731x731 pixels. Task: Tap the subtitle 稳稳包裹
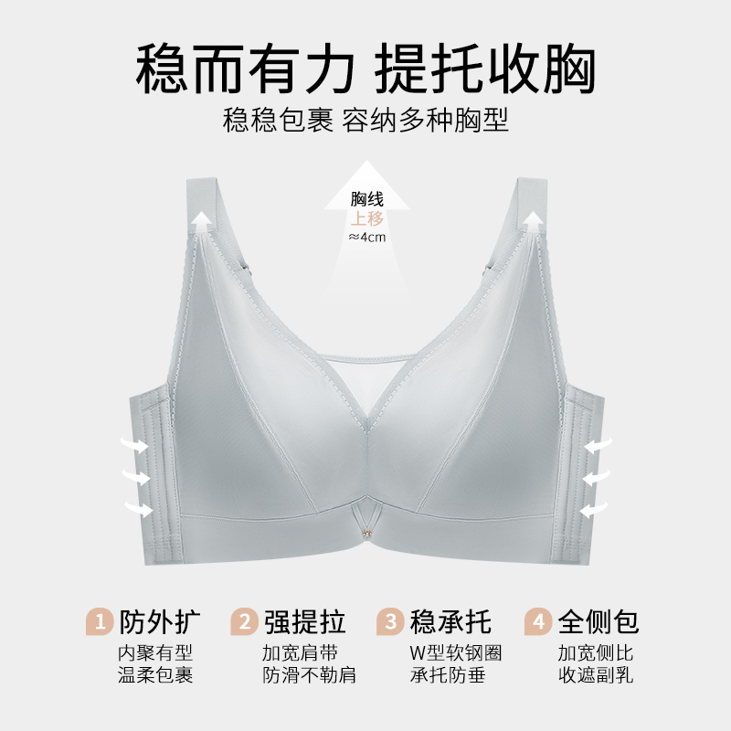(278, 121)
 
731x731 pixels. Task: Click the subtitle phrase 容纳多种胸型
(426, 121)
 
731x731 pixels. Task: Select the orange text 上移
(367, 218)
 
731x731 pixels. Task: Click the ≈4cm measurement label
(367, 237)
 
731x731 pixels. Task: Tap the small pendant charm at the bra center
(365, 531)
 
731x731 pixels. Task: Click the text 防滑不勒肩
(309, 676)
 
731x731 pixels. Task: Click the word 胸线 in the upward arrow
(367, 199)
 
